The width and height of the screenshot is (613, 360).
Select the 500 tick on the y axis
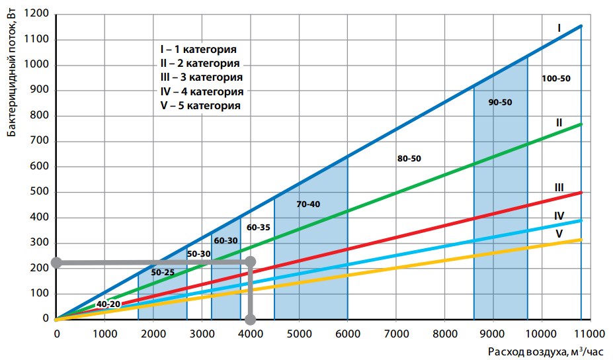pyautogui.click(x=41, y=193)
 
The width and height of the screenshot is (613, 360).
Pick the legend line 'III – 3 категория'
pyautogui.click(x=201, y=77)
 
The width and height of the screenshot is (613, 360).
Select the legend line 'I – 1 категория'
pyautogui.click(x=198, y=50)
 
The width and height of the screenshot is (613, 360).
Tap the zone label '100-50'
pyautogui.click(x=555, y=78)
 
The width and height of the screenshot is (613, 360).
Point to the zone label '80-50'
pyautogui.click(x=409, y=159)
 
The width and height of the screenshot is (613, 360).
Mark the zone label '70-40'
pyautogui.click(x=308, y=204)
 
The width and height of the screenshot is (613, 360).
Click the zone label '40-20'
pyautogui.click(x=108, y=304)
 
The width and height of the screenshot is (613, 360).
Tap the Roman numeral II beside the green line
pyautogui.click(x=559, y=123)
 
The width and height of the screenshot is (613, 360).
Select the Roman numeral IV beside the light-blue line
pyautogui.click(x=559, y=216)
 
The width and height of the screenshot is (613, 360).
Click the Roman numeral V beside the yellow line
pyautogui.click(x=559, y=234)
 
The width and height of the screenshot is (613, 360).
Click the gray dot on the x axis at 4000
pyautogui.click(x=250, y=320)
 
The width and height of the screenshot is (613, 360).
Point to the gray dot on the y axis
pyautogui.click(x=57, y=263)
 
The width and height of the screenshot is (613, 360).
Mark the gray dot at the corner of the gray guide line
pyautogui.click(x=250, y=263)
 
